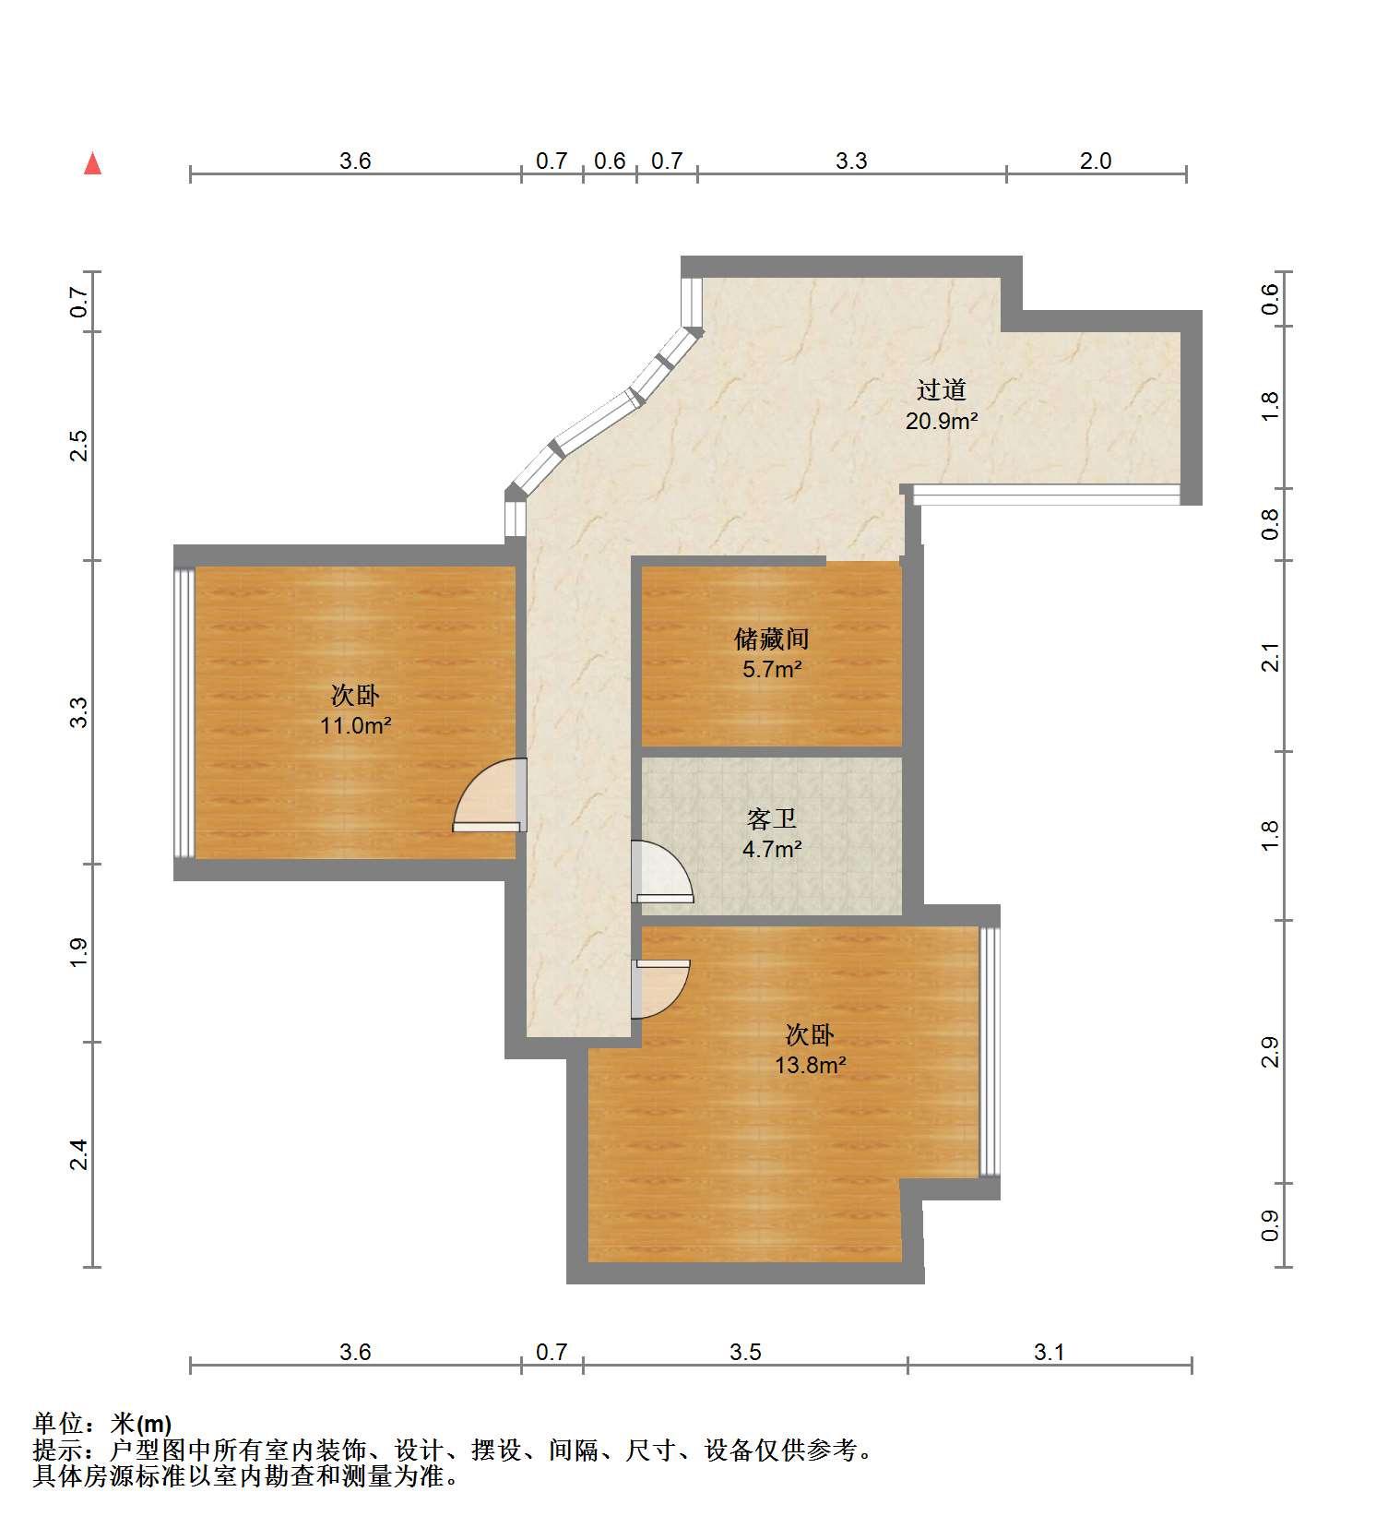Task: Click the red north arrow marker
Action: click(x=92, y=163)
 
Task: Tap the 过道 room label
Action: click(x=941, y=389)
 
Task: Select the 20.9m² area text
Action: click(x=941, y=421)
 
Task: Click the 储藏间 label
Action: click(x=771, y=638)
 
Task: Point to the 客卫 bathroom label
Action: click(x=771, y=818)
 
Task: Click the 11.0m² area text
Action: click(x=355, y=725)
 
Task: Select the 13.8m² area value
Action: click(x=810, y=1065)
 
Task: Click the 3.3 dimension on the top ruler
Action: click(x=851, y=161)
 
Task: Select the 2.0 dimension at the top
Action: click(x=1096, y=161)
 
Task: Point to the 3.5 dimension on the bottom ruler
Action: click(x=745, y=1352)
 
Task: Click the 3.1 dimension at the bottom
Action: click(x=1050, y=1352)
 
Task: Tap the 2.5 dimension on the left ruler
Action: click(x=79, y=446)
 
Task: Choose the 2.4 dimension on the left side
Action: click(x=79, y=1154)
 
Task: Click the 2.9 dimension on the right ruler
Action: click(x=1270, y=1052)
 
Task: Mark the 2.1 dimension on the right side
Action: click(x=1270, y=656)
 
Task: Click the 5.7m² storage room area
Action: click(x=771, y=669)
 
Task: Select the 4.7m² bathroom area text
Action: click(x=771, y=849)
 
